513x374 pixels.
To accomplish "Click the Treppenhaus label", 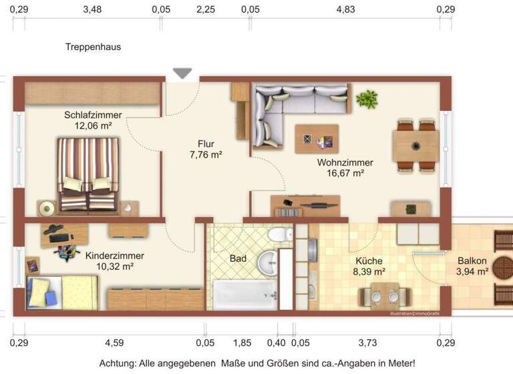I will (93, 47).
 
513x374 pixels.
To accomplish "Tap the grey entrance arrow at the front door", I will (182, 73).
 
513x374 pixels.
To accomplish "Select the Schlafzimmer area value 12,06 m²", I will (93, 125).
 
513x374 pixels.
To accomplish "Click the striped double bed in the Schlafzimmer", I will (88, 174).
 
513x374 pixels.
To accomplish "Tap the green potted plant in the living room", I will (366, 100).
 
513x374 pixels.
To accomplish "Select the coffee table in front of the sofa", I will (317, 139).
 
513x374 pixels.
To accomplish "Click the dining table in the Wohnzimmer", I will (415, 146).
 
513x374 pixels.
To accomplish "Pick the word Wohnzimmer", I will (345, 162).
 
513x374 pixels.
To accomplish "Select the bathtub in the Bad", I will (244, 293).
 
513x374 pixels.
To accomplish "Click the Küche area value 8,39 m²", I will (369, 272).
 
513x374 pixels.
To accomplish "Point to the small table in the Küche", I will (384, 295).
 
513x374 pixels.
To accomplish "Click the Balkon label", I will (472, 261).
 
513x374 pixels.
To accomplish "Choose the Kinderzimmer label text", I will (114, 255).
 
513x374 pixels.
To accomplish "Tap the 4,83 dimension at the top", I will (345, 9).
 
